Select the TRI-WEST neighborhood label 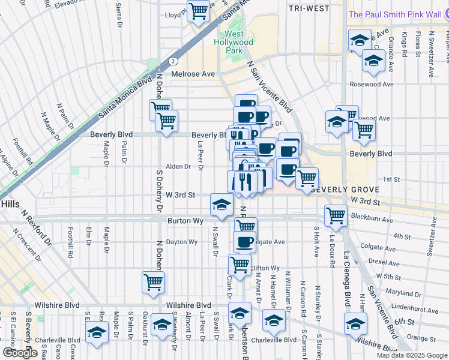pos(309,8)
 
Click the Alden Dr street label pos(178,167)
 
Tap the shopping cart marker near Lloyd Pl pos(198,11)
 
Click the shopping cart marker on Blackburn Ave pos(335,215)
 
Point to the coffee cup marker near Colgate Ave pos(244,242)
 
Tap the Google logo pos(20,353)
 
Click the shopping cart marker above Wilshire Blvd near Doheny pos(154,281)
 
